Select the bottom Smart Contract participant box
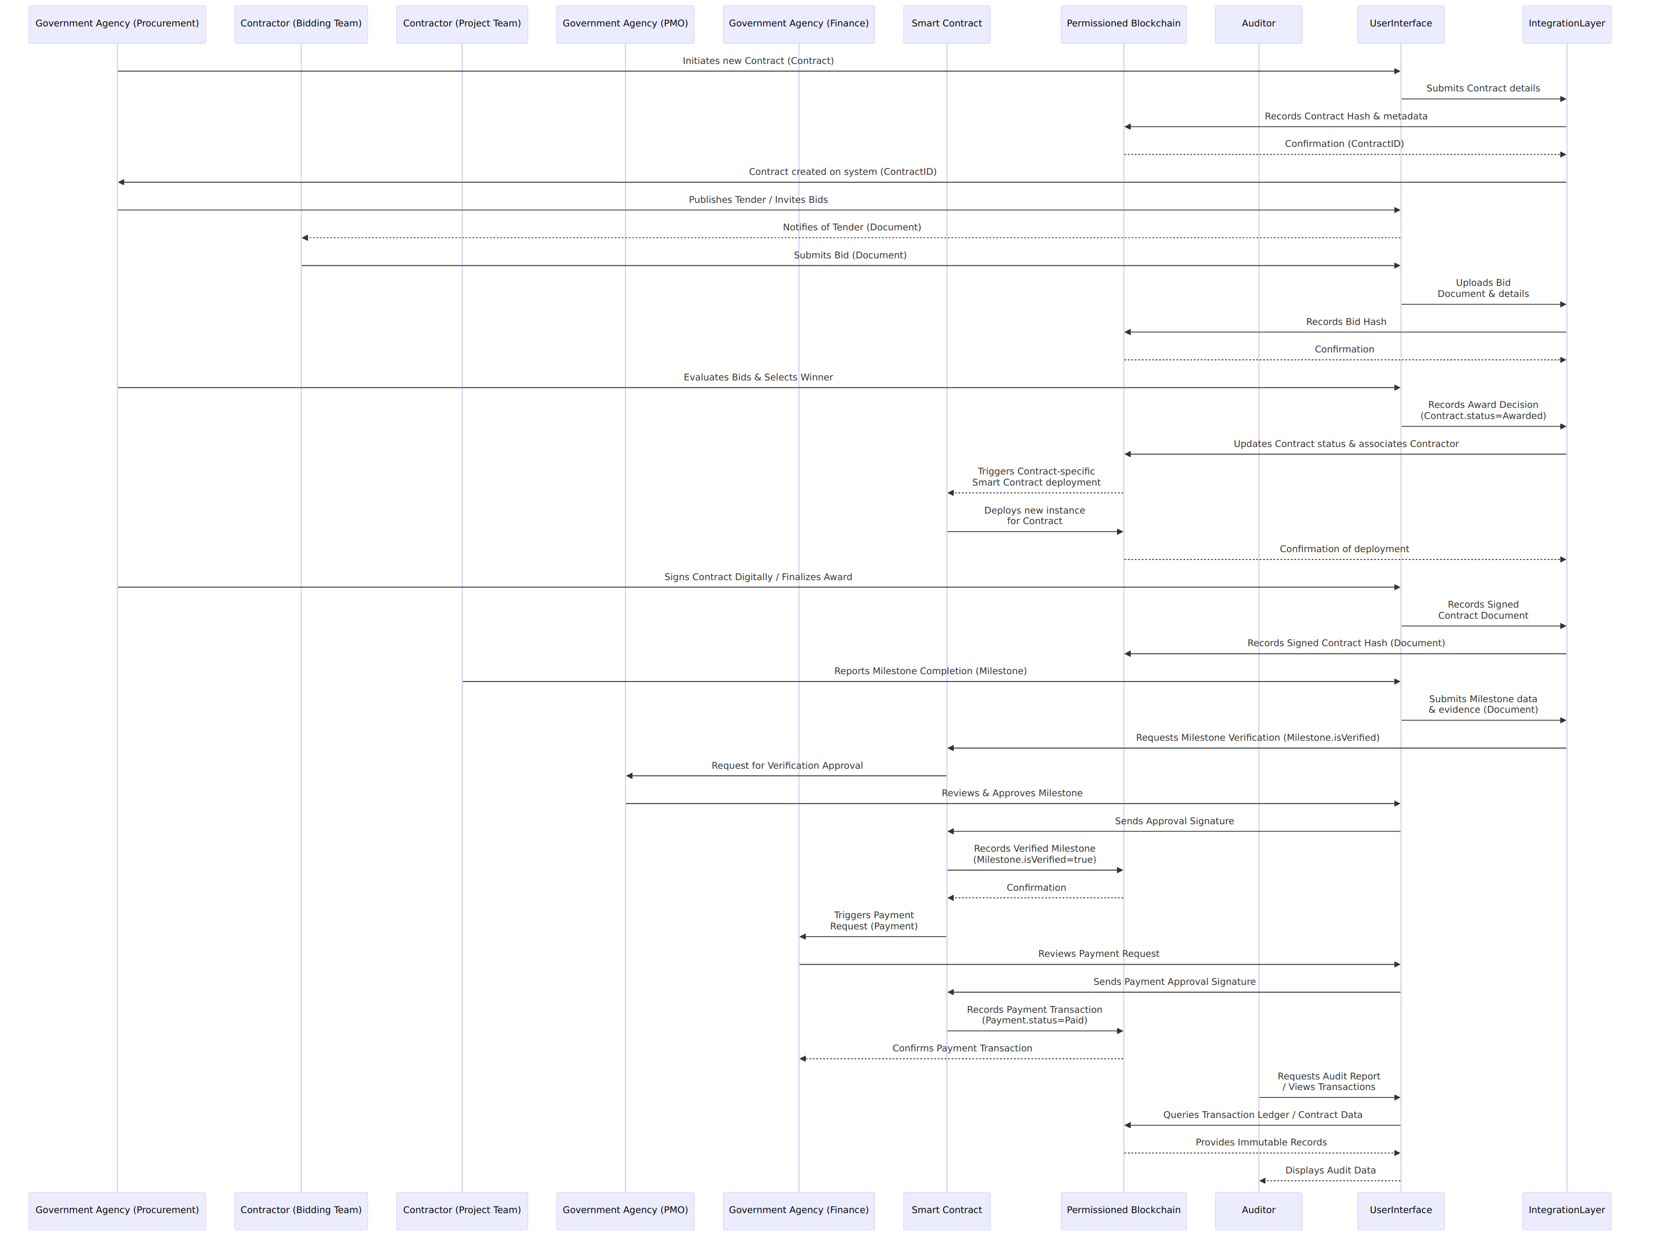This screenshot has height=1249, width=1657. point(947,1211)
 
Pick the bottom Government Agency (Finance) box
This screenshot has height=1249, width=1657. point(798,1211)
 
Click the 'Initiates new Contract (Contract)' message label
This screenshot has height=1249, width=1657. point(758,61)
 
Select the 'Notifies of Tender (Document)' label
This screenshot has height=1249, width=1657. point(852,227)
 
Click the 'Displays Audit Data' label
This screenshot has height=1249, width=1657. point(1330,1170)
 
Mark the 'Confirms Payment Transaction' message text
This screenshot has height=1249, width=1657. point(962,1048)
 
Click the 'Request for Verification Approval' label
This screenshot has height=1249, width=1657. point(787,766)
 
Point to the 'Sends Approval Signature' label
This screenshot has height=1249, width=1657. point(1174,821)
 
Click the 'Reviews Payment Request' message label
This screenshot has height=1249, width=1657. point(1098,954)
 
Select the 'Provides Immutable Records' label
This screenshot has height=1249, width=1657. point(1261,1143)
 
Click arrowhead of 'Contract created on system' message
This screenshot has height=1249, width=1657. point(122,182)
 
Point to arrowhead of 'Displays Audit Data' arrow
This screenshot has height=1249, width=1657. point(1263,1181)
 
